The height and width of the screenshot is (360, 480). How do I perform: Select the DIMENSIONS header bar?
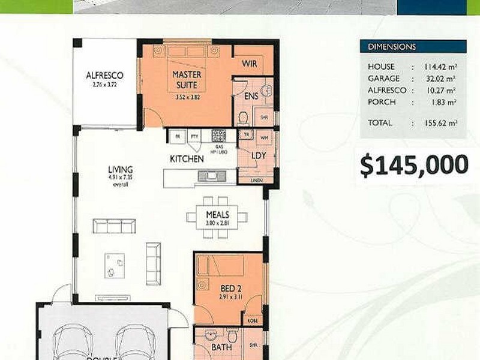click(413, 47)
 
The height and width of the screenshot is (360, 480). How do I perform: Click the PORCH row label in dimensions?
click(382, 102)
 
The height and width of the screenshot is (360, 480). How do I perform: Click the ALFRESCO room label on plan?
click(105, 76)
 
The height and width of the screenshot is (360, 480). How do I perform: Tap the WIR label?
click(250, 63)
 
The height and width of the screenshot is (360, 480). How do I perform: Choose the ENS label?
click(251, 96)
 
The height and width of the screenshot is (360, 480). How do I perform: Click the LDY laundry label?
click(259, 155)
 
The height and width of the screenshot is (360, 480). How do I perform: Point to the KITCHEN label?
click(187, 160)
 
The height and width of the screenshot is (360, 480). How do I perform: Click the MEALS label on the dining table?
click(217, 215)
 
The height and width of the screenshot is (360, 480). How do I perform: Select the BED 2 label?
click(227, 287)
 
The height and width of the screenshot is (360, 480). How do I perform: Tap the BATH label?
click(221, 347)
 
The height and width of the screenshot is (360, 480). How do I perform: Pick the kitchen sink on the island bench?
click(212, 176)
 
